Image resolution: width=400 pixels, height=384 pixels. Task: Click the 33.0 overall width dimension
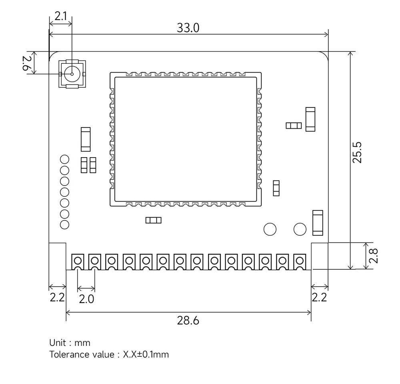188,28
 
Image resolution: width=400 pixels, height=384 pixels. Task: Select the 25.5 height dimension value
357,152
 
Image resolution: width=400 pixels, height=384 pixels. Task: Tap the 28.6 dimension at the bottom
188,321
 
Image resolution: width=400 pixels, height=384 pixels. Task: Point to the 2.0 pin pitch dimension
86,299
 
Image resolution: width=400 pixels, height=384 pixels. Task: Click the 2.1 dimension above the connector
61,16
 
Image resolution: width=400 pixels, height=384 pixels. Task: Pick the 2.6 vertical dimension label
27,63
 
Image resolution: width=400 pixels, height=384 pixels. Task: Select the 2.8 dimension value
374,256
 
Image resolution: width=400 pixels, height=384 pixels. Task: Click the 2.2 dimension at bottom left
56,297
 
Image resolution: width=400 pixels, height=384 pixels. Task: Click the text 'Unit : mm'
70,343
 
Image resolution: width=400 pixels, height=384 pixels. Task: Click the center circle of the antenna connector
72,74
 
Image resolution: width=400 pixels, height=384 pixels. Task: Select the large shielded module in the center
185,139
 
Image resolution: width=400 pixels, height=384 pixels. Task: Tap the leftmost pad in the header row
78,261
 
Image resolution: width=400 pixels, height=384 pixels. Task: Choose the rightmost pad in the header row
300,261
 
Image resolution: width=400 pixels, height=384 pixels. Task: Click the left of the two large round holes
270,229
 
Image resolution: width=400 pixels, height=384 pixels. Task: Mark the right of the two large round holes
300,229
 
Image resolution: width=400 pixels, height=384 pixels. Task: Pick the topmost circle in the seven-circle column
64,159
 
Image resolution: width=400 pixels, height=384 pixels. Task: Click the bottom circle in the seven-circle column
64,224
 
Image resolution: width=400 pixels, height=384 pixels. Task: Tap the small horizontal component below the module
154,220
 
